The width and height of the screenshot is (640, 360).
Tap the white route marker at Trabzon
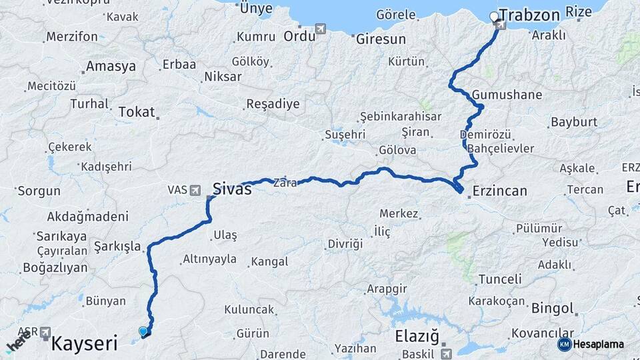(494, 16)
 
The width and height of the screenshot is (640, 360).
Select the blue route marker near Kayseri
(143, 331)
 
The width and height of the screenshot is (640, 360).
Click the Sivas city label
(232, 189)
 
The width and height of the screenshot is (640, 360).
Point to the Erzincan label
(499, 191)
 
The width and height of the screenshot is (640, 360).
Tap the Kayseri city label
(84, 344)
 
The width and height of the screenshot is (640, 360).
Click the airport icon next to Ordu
(322, 29)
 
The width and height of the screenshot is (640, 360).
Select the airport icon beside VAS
(195, 190)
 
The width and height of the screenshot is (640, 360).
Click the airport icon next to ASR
(45, 331)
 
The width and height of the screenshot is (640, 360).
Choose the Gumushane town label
(507, 95)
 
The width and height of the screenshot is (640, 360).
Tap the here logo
(18, 343)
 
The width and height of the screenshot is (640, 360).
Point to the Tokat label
(136, 112)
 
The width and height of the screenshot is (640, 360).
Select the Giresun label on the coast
(381, 39)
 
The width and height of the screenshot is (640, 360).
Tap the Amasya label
(111, 67)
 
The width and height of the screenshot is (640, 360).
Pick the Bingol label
(552, 309)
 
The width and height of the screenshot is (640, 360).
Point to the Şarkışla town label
(117, 247)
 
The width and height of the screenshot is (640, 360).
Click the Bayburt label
(573, 123)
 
